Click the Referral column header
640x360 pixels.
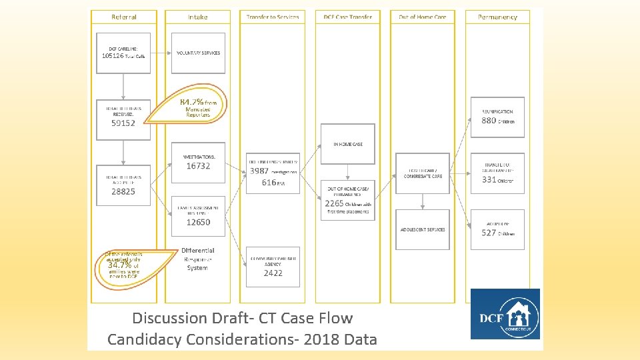tap(124, 17)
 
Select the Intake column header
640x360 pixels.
tap(197, 17)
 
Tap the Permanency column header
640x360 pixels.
tap(497, 17)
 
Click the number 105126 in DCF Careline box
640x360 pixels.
tap(113, 56)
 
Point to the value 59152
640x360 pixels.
tap(123, 123)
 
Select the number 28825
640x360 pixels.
tap(123, 191)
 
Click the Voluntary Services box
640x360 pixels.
tap(198, 53)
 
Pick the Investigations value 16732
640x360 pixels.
tap(198, 166)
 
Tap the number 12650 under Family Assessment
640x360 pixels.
tap(198, 222)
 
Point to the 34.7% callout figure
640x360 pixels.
tap(119, 265)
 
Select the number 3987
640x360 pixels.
tap(259, 171)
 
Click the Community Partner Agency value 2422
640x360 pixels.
tap(273, 273)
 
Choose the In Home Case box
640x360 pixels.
tap(348, 144)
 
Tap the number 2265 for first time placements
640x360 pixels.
tap(334, 203)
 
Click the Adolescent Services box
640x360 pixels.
tap(423, 229)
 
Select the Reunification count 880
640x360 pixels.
tap(489, 121)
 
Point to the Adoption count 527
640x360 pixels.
tap(489, 233)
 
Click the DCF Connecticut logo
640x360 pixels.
tap(505, 314)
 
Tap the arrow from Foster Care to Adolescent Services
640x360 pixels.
tap(423, 201)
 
